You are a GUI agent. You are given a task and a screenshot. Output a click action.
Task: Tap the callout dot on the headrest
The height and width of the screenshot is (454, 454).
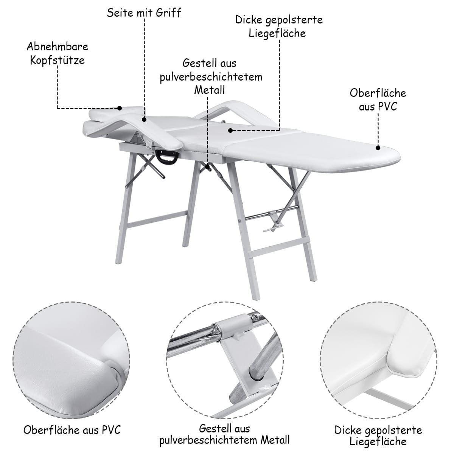[x=120, y=108]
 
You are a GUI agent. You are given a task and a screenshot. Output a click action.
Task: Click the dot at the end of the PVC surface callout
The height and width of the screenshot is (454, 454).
[x=378, y=148]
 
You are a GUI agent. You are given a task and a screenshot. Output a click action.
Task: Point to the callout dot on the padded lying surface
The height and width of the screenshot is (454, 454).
[x=230, y=130]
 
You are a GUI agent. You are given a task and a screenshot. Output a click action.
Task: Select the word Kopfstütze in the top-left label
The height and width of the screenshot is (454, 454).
[x=57, y=60]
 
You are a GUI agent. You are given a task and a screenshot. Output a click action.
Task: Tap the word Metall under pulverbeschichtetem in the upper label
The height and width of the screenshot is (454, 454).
[x=210, y=90]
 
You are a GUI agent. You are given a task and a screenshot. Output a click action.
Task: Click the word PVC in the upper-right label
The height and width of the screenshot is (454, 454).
[x=387, y=106]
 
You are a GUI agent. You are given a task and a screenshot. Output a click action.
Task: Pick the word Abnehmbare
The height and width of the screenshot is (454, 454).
[x=57, y=47]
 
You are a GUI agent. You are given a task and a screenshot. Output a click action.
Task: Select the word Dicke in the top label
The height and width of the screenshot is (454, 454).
[x=249, y=20]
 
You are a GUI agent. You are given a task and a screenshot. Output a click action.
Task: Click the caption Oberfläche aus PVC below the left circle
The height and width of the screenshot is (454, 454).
[x=72, y=430]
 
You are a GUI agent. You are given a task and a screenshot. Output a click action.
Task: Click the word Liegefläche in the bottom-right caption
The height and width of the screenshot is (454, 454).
[x=378, y=441]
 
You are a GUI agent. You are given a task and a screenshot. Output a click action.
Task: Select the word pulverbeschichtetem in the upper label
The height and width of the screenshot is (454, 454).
[x=211, y=78]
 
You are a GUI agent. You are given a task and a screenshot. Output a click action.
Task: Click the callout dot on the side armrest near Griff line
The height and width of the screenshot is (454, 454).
[x=144, y=120]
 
